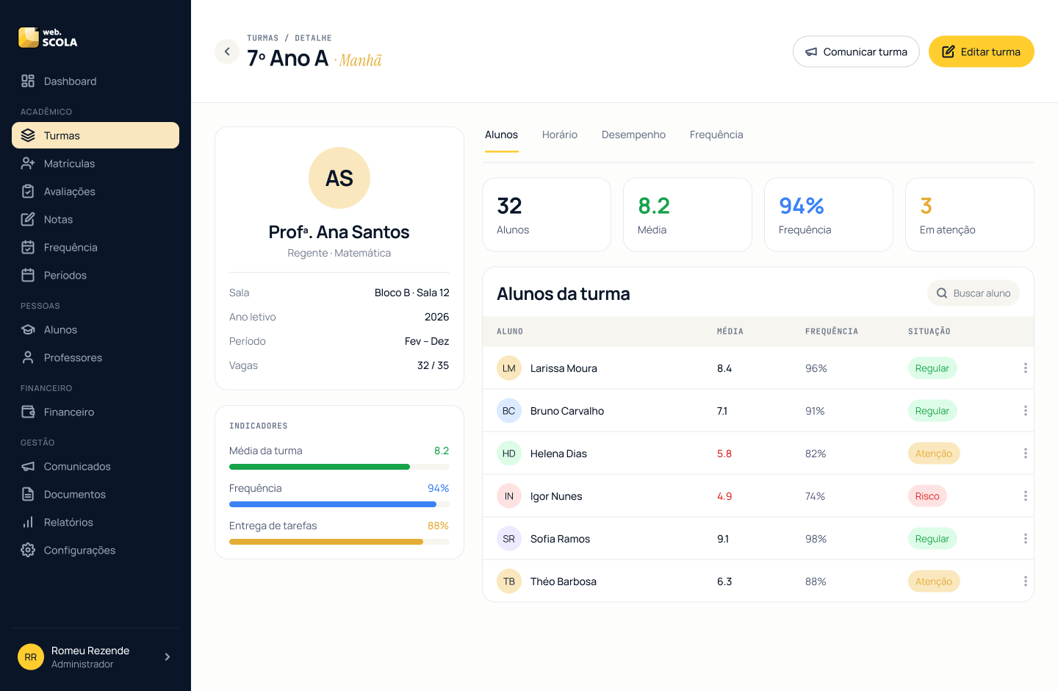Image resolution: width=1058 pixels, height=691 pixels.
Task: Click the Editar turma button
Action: click(x=981, y=51)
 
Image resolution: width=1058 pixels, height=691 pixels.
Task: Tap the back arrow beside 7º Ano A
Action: click(x=227, y=51)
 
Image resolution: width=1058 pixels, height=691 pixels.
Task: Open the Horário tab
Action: click(x=559, y=135)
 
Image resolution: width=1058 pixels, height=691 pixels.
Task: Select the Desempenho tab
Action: click(x=633, y=135)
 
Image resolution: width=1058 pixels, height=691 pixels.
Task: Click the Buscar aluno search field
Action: click(x=973, y=293)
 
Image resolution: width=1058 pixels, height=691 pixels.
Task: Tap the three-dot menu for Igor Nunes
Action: click(x=1025, y=495)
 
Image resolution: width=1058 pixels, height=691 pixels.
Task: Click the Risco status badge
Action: click(x=927, y=495)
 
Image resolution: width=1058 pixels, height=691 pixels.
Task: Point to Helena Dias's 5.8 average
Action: click(x=724, y=454)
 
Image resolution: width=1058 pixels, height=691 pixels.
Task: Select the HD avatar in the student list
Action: click(x=508, y=454)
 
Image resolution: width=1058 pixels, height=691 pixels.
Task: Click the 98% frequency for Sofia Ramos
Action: click(x=816, y=539)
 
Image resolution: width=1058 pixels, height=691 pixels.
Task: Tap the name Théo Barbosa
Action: click(x=563, y=581)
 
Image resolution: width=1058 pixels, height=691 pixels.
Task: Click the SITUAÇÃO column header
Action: click(x=929, y=332)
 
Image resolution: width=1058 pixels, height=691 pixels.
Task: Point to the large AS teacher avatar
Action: click(x=339, y=178)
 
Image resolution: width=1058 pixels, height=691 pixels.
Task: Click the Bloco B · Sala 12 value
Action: click(x=411, y=293)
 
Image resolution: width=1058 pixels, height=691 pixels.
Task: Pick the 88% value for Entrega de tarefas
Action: click(x=438, y=526)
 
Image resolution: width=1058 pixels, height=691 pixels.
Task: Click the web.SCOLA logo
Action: click(x=48, y=37)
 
